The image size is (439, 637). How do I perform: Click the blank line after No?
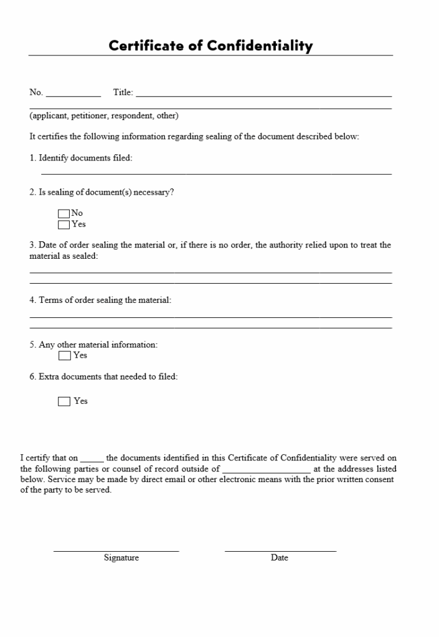pyautogui.click(x=73, y=96)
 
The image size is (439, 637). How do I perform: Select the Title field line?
pyautogui.click(x=263, y=96)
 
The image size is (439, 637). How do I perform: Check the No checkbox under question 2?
pyautogui.click(x=64, y=213)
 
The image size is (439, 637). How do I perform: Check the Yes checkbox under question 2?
pyautogui.click(x=64, y=225)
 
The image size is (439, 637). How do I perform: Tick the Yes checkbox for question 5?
pyautogui.click(x=64, y=356)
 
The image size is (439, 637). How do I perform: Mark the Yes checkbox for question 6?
pyautogui.click(x=64, y=402)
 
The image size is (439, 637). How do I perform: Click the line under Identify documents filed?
pyautogui.click(x=216, y=174)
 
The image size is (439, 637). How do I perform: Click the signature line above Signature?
pyautogui.click(x=116, y=551)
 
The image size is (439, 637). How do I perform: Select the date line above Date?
pyautogui.click(x=280, y=551)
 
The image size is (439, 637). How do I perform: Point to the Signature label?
pyautogui.click(x=121, y=558)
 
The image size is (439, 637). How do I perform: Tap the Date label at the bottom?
pyautogui.click(x=280, y=558)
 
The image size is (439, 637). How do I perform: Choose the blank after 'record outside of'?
pyautogui.click(x=266, y=472)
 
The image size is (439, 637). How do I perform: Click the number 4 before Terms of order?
pyautogui.click(x=32, y=300)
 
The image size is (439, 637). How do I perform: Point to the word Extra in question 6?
pyautogui.click(x=49, y=376)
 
